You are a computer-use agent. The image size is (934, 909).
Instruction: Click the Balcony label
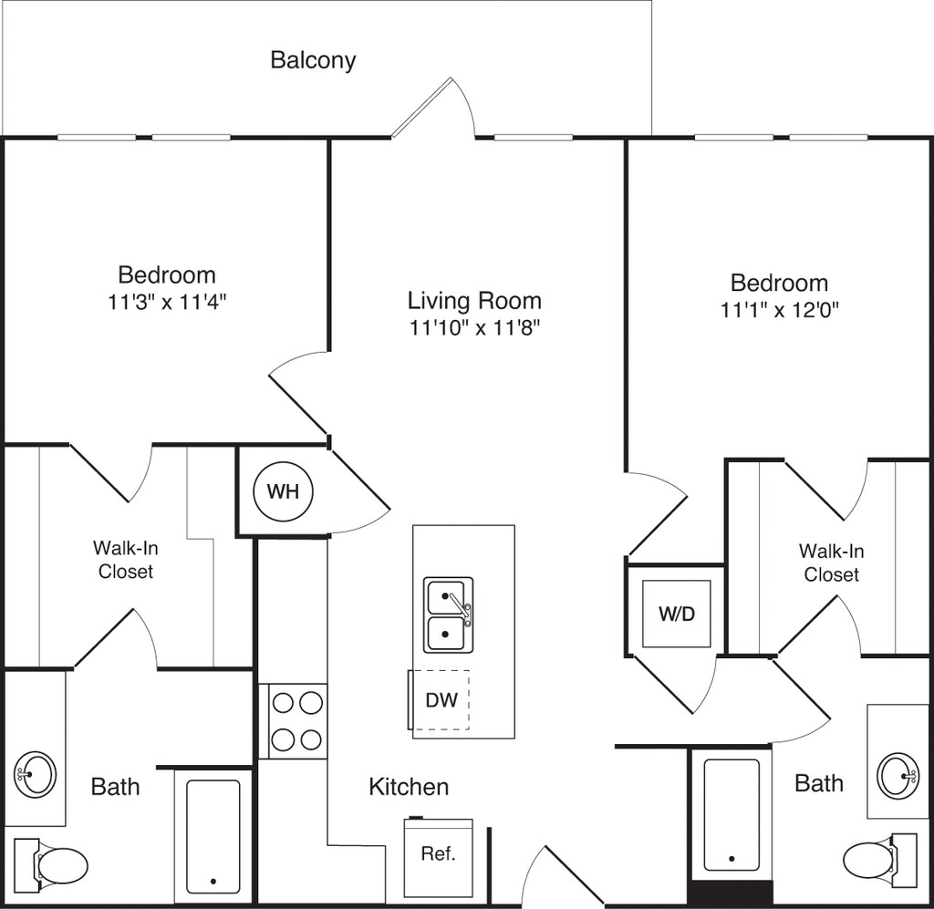click(313, 60)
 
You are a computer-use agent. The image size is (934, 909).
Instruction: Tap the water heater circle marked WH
click(283, 491)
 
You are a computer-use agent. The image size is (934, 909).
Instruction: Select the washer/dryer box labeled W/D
click(676, 614)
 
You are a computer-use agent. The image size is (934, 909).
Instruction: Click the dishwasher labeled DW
click(440, 700)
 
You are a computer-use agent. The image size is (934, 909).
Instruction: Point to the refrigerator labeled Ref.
click(439, 857)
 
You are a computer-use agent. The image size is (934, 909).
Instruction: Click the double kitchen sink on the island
click(449, 615)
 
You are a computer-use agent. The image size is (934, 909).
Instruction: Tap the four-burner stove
click(293, 721)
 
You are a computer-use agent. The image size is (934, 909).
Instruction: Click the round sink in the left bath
click(36, 774)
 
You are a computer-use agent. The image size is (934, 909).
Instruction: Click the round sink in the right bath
click(898, 776)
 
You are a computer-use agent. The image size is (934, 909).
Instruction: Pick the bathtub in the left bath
click(213, 837)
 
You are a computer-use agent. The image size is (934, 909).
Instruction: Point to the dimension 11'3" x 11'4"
click(168, 303)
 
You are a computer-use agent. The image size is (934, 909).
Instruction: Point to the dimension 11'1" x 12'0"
click(780, 310)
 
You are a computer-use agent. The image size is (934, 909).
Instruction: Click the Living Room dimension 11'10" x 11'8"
click(474, 328)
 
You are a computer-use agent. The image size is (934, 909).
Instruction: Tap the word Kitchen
click(409, 787)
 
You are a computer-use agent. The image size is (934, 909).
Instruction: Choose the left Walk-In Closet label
click(126, 560)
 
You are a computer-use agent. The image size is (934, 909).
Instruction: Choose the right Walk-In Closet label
click(831, 563)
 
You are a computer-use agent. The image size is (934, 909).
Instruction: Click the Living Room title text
click(474, 301)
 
